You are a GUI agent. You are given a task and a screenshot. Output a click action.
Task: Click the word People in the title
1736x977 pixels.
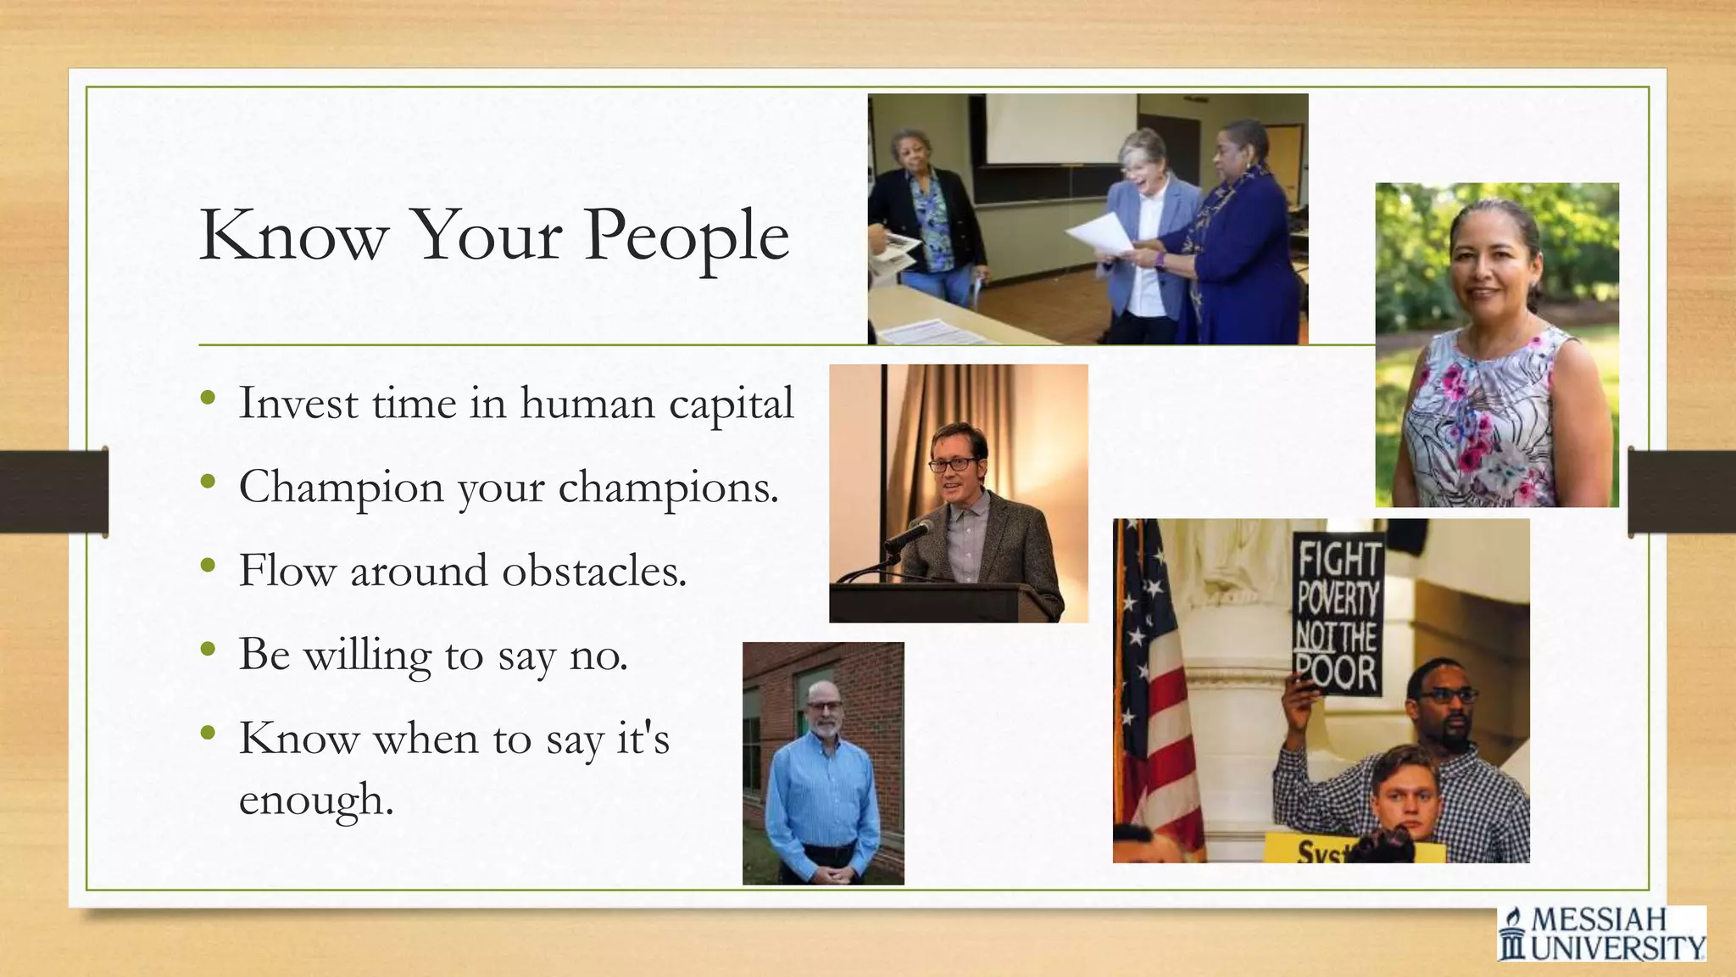687,237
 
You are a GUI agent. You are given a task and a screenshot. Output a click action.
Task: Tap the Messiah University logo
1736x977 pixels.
1601,933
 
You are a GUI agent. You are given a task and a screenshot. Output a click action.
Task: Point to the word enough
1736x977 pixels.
314,800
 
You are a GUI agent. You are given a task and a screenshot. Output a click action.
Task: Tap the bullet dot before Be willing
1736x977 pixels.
209,650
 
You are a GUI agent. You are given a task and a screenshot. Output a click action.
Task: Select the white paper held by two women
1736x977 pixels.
1100,234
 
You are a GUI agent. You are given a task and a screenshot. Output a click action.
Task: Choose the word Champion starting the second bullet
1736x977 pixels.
341,488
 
